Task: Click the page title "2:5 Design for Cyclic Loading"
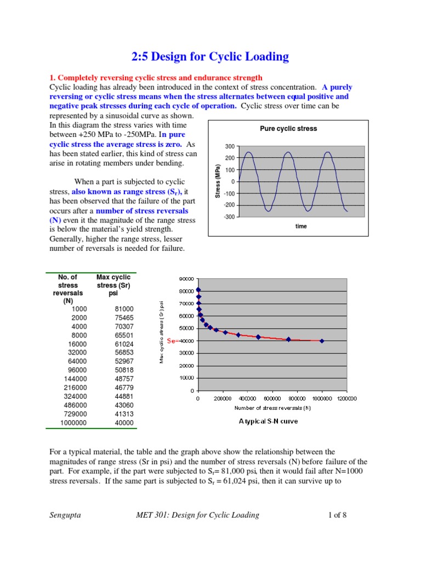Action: pyautogui.click(x=210, y=56)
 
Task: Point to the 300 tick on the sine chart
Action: pyautogui.click(x=230, y=147)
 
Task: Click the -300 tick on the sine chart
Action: pyautogui.click(x=229, y=217)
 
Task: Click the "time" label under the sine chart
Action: pyautogui.click(x=301, y=226)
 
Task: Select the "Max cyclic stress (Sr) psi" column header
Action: pyautogui.click(x=113, y=285)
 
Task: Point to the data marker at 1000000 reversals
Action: pyautogui.click(x=322, y=341)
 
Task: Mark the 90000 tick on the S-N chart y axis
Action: pyautogui.click(x=187, y=279)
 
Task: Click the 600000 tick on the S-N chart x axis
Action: pyautogui.click(x=272, y=399)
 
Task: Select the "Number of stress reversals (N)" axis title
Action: pyautogui.click(x=272, y=408)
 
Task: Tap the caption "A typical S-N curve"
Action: pyautogui.click(x=272, y=421)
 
